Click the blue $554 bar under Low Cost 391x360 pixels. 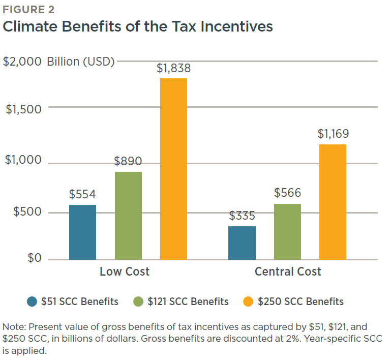click(x=82, y=232)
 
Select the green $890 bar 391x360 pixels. click(x=128, y=216)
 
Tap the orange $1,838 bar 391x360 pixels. click(x=173, y=169)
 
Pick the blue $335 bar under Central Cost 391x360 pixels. click(x=242, y=243)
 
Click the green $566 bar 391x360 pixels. click(x=287, y=232)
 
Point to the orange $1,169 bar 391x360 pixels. click(x=333, y=202)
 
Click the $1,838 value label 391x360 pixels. click(x=173, y=68)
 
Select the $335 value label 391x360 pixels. click(x=242, y=216)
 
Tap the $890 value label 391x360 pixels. click(x=128, y=162)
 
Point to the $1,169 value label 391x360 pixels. click(x=333, y=134)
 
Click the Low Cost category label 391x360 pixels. click(x=125, y=272)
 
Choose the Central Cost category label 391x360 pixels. click(x=288, y=272)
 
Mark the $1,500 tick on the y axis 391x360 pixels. click(x=23, y=108)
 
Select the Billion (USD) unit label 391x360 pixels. click(x=81, y=62)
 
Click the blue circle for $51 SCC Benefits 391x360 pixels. click(x=32, y=302)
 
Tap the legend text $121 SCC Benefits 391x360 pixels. click(x=188, y=302)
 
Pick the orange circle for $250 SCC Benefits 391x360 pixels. click(x=248, y=302)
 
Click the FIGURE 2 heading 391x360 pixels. click(x=29, y=9)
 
